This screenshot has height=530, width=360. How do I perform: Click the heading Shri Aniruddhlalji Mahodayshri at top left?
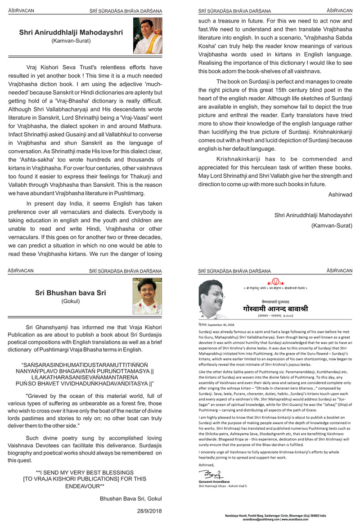point(72,32)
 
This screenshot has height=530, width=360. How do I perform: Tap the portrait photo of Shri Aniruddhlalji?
point(145,36)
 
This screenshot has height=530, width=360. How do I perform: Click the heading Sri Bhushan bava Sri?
point(71,293)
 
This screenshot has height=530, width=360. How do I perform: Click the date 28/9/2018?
point(149,511)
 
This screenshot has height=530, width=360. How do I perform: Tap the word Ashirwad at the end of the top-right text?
point(340,194)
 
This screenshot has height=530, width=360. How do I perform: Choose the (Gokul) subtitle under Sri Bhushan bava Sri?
point(71,301)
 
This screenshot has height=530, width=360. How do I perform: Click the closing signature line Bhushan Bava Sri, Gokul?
point(130,498)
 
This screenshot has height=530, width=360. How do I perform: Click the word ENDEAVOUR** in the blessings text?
point(85,486)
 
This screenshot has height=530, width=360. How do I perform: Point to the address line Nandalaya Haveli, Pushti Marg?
point(276,516)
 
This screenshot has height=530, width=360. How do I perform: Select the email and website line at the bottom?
point(276,520)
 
